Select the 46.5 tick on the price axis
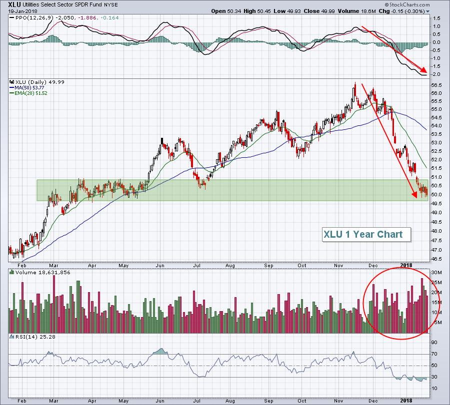[436, 259]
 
